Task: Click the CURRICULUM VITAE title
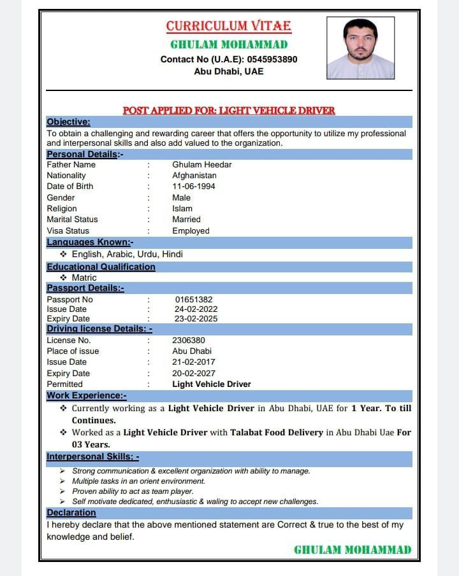(228, 26)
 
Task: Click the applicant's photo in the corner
(360, 48)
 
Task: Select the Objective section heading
(68, 122)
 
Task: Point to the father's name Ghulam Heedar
(201, 164)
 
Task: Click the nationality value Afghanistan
(194, 175)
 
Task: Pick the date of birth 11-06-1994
(193, 186)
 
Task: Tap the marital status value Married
(186, 219)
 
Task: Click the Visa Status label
(68, 230)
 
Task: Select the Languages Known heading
(90, 242)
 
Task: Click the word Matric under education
(84, 277)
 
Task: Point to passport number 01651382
(193, 299)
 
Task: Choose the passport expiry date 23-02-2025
(196, 318)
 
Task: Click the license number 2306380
(189, 340)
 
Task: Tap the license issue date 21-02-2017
(193, 362)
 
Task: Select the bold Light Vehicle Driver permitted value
(211, 384)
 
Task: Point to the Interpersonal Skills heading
(92, 456)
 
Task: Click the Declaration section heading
(71, 512)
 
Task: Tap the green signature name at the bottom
(353, 550)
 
